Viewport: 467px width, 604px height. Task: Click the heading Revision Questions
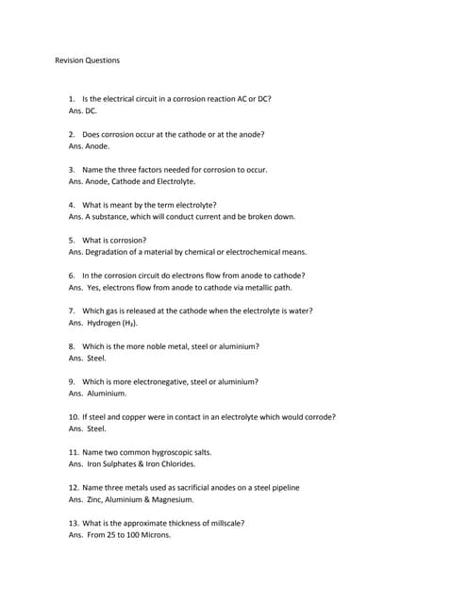click(88, 60)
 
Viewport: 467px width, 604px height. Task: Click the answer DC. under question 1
click(92, 110)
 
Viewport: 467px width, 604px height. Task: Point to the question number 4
click(73, 205)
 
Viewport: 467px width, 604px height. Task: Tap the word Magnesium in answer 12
click(174, 499)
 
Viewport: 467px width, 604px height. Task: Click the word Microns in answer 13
click(154, 535)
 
